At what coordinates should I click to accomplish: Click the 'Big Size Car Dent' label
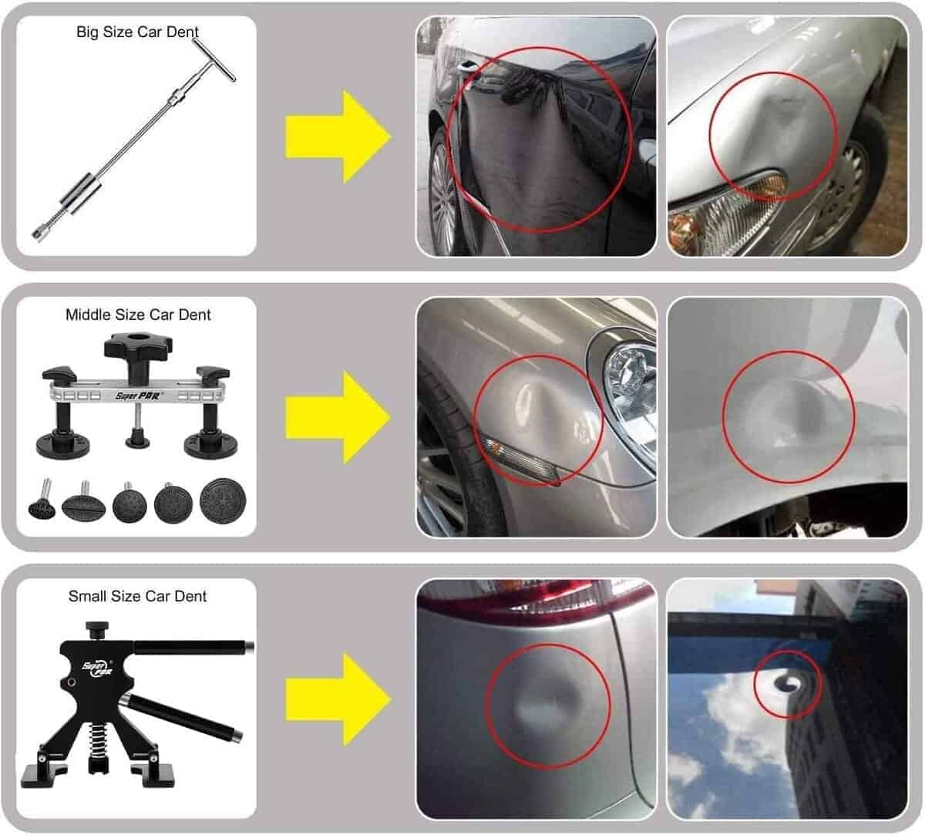137,32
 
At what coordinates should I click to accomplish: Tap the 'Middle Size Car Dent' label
138,315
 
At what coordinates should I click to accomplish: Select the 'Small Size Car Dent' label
137,596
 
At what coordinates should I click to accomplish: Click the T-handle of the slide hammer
214,60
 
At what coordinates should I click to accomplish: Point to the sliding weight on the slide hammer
82,194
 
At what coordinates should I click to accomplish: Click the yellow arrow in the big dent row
338,137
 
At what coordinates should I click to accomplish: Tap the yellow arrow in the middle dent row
338,418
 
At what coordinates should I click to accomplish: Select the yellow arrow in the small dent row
338,699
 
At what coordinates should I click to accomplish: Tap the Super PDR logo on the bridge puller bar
137,396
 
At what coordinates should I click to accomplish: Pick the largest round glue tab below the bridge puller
224,500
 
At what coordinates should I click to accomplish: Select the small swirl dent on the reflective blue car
789,682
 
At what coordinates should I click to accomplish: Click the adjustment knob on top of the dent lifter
97,628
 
